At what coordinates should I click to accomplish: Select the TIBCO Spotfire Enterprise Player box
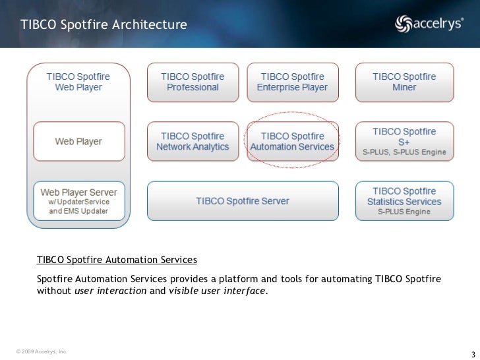click(x=292, y=82)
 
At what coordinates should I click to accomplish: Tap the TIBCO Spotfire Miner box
click(x=404, y=82)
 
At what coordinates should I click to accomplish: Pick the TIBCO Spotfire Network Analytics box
click(x=193, y=142)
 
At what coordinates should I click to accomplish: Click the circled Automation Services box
click(x=292, y=142)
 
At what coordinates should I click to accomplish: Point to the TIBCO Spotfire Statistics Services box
click(x=404, y=200)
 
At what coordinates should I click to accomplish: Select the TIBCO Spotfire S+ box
click(x=404, y=142)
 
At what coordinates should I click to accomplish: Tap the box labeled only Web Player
click(x=78, y=141)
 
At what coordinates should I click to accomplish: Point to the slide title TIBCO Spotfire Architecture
click(x=104, y=25)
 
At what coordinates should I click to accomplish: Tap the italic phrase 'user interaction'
click(x=111, y=291)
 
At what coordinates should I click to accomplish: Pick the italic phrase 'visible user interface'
click(x=218, y=291)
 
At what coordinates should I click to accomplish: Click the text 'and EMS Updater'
click(x=78, y=212)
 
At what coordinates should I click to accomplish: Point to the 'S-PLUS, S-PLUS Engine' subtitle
click(x=404, y=153)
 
